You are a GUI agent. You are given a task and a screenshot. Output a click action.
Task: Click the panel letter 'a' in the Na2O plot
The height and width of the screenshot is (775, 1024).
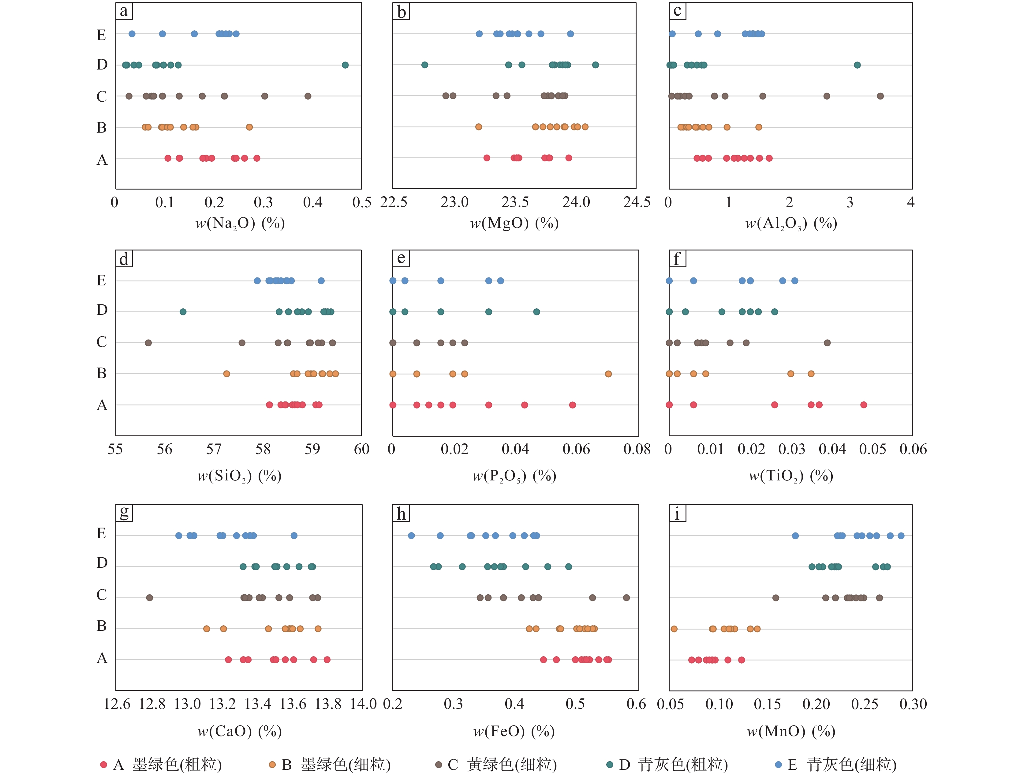click(124, 11)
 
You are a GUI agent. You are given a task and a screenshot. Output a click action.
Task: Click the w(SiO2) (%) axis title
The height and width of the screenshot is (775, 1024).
click(239, 476)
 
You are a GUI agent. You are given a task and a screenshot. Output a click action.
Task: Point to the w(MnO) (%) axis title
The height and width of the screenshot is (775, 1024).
click(791, 731)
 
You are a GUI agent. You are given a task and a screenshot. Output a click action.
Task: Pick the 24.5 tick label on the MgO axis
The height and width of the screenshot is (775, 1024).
click(637, 202)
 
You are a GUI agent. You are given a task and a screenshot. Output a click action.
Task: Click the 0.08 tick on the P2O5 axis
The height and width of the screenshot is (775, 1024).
click(637, 449)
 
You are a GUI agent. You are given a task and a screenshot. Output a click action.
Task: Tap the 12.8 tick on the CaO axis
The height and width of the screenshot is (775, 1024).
click(152, 704)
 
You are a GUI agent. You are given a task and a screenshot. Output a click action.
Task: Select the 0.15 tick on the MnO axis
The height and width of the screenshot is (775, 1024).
click(767, 704)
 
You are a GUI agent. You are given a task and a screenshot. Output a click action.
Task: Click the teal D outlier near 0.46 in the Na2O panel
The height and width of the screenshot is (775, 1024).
click(345, 65)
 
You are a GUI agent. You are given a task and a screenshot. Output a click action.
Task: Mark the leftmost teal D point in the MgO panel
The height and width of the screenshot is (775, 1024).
click(424, 65)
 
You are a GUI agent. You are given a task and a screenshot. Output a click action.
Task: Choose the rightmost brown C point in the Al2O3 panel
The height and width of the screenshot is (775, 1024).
click(880, 96)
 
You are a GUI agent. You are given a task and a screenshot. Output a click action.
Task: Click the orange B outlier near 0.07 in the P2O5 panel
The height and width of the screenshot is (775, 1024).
click(608, 374)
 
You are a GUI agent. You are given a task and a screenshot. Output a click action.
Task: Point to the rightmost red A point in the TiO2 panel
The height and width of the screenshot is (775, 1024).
click(863, 405)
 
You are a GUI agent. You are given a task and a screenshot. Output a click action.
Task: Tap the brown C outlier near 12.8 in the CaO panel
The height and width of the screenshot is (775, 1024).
click(150, 598)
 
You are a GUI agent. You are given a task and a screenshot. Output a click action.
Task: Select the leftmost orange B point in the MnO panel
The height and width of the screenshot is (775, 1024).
click(674, 629)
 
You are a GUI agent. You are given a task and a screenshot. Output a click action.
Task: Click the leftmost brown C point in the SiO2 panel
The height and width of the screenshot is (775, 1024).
click(148, 343)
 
